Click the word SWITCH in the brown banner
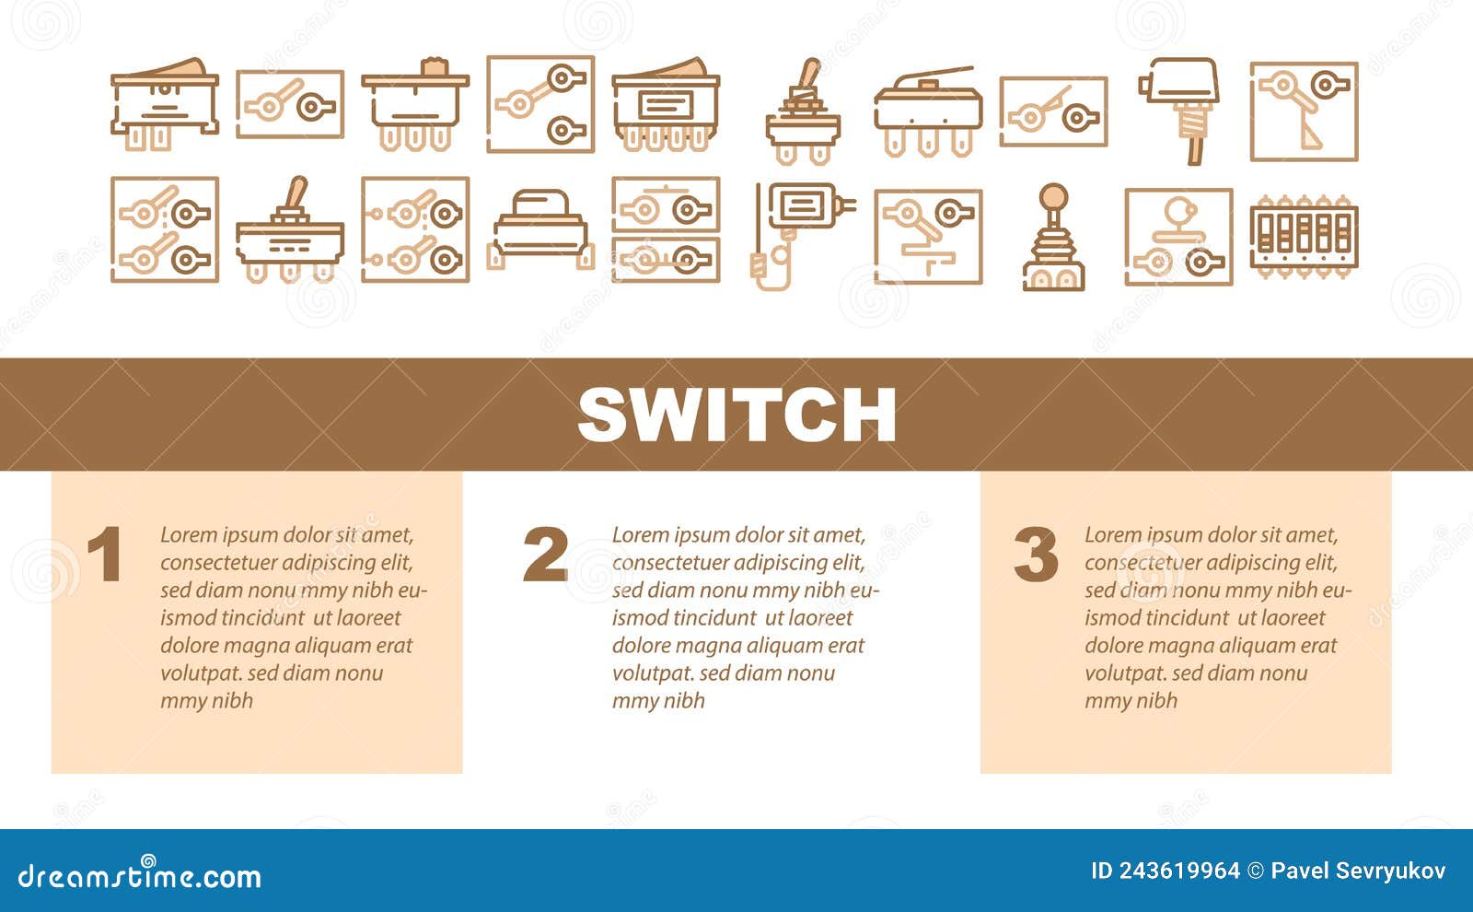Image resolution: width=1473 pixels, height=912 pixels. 736,415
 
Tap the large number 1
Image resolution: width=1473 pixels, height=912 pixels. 105,555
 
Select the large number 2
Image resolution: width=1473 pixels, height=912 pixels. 545,555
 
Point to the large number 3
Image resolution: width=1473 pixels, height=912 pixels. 1036,555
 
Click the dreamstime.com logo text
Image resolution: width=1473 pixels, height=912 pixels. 140,875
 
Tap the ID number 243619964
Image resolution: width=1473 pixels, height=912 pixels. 1178,871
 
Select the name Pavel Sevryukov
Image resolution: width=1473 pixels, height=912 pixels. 1358,871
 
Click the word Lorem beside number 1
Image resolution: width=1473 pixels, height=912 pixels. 189,535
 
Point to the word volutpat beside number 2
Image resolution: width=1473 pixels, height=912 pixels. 653,673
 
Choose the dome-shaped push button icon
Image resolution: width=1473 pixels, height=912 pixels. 540,228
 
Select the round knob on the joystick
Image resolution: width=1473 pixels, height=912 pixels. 1053,195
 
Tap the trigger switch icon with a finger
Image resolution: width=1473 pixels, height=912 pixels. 793,235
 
